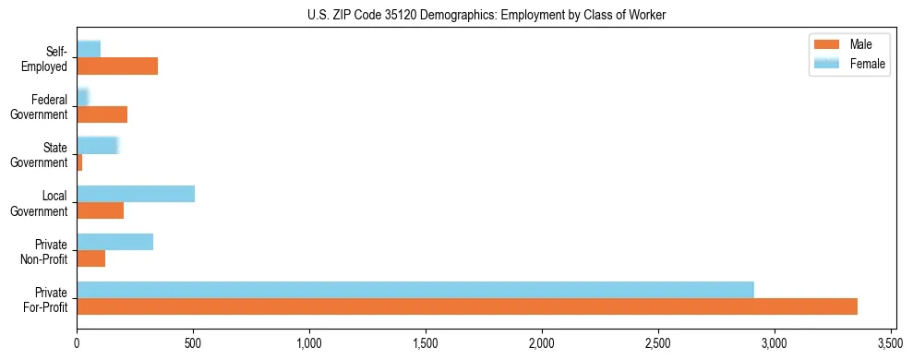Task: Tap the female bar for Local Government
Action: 136,194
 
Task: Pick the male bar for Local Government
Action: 101,210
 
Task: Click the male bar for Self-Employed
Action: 117,66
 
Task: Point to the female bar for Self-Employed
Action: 89,49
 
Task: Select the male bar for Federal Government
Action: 102,114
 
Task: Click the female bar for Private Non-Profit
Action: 115,242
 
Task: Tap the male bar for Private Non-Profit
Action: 91,258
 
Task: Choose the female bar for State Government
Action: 98,145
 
